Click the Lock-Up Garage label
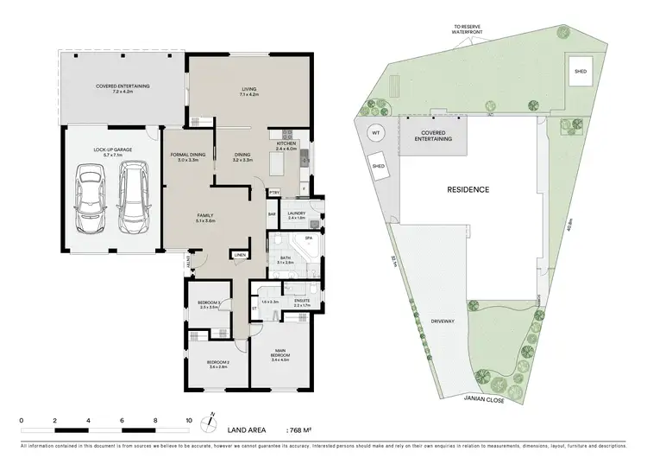110,152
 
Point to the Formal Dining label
188,156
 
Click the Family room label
204,218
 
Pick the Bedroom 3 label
210,304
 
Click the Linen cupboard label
239,255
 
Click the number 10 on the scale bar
189,421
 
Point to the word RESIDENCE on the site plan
468,189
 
